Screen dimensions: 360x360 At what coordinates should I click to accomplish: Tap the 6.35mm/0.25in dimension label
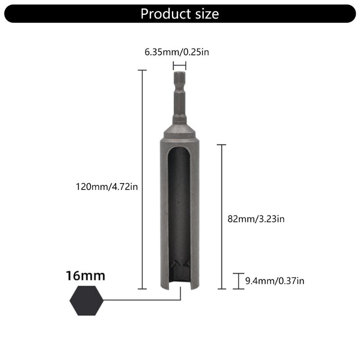177,52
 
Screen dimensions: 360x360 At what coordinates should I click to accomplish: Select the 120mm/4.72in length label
107,186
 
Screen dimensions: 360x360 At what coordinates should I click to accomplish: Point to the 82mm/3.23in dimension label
256,219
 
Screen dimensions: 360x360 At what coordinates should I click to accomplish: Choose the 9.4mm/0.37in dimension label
274,281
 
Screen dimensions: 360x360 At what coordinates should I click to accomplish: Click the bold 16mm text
85,275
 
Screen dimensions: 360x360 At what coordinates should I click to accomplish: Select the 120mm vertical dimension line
142,180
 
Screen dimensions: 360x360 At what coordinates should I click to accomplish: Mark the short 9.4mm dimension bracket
238,281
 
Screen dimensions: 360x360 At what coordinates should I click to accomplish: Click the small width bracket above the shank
179,65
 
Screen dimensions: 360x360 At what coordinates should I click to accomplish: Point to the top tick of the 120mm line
142,70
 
